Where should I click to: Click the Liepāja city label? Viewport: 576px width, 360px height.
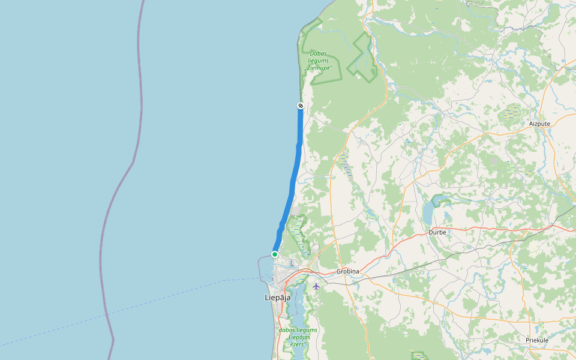(277, 297)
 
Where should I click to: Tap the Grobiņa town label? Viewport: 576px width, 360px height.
(347, 271)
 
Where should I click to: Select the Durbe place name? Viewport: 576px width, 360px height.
(437, 232)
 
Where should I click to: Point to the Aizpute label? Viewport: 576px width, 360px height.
(539, 124)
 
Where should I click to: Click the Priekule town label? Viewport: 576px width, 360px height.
(537, 340)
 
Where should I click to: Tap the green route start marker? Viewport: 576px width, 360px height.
(275, 254)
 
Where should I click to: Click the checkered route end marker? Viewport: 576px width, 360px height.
(301, 106)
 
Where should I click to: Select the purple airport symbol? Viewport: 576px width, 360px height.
(316, 286)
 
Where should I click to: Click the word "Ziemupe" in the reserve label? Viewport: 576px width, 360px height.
(319, 68)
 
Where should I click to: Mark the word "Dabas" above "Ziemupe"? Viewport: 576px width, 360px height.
(318, 53)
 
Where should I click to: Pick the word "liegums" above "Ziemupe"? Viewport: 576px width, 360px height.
(318, 61)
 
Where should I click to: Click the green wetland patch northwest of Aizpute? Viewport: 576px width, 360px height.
(511, 112)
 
